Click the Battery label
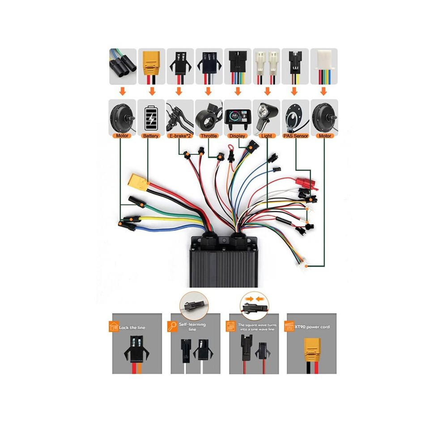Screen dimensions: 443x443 coord(151,136)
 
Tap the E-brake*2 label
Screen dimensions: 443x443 coord(180,136)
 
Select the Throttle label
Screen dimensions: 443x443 coord(209,136)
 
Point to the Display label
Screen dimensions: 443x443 coord(237,136)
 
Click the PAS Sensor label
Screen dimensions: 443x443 coord(295,136)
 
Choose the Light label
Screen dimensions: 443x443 coord(266,136)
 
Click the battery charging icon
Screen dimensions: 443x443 coord(151,118)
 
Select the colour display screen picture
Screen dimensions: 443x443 coord(238,117)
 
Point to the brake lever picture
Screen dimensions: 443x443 coord(179,119)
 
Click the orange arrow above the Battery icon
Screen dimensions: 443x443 coord(152,91)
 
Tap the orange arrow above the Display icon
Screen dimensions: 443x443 coord(238,91)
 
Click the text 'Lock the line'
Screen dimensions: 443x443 coord(132,328)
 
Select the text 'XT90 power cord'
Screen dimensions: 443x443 coord(312,327)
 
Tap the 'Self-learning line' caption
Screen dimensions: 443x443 coord(192,327)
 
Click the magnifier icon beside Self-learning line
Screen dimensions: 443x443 coord(172,326)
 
